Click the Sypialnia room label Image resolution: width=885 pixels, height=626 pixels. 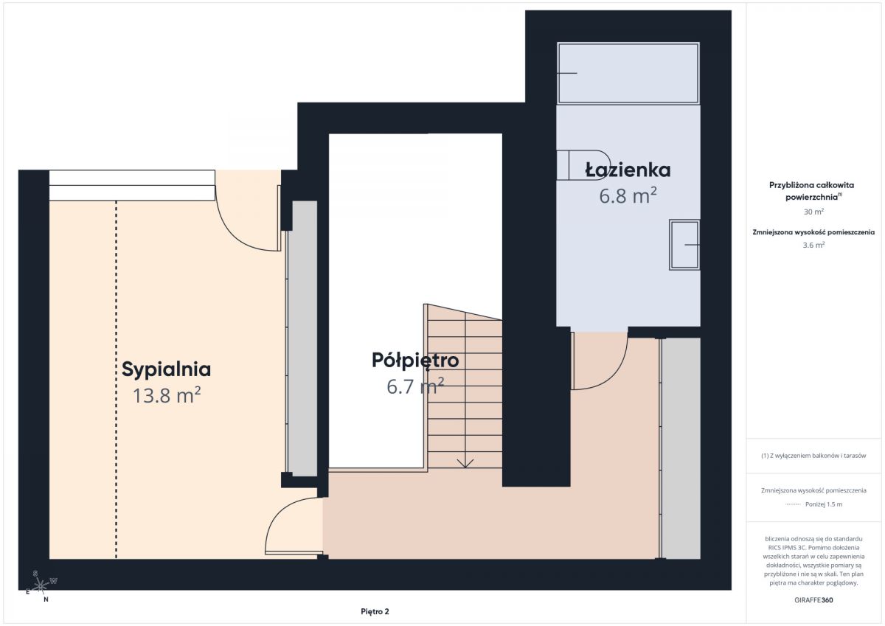click(166, 369)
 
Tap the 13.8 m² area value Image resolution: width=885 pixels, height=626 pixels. click(167, 395)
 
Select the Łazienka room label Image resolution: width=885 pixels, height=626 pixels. click(628, 170)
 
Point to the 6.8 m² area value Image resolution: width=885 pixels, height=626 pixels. click(628, 195)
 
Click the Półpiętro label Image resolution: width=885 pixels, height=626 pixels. click(415, 361)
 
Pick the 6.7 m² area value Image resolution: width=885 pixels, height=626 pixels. click(415, 386)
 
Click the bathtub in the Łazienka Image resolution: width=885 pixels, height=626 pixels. click(628, 73)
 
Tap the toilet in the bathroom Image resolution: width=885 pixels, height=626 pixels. click(583, 165)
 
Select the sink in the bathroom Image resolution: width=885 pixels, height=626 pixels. click(684, 245)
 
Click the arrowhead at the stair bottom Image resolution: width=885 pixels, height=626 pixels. click(465, 463)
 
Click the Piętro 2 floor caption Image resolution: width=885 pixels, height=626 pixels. click(375, 611)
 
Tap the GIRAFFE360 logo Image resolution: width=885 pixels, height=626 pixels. click(813, 600)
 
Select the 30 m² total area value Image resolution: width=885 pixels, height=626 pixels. click(813, 212)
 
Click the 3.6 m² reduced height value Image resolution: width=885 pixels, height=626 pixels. click(813, 245)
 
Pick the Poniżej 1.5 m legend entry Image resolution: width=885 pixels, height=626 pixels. click(824, 504)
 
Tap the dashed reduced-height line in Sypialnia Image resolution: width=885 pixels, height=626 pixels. click(117, 380)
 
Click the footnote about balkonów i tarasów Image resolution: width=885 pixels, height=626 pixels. click(813, 456)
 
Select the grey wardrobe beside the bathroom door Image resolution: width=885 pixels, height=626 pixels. click(681, 448)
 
